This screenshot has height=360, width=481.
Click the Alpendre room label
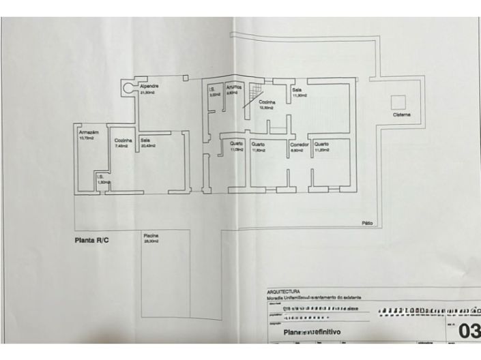coord(149,87)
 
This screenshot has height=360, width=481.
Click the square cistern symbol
coord(398,102)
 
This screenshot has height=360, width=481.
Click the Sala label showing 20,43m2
coord(146,140)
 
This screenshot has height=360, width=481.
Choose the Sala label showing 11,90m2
coord(297,91)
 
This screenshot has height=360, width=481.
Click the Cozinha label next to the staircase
coord(267,102)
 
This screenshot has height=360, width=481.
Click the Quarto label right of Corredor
coord(322,145)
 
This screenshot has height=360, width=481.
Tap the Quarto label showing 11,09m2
coord(237,145)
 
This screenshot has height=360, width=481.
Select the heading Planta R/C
coord(91,241)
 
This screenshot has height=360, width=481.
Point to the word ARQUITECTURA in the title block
coord(283,292)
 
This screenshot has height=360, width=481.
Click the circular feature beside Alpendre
coord(128,87)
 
